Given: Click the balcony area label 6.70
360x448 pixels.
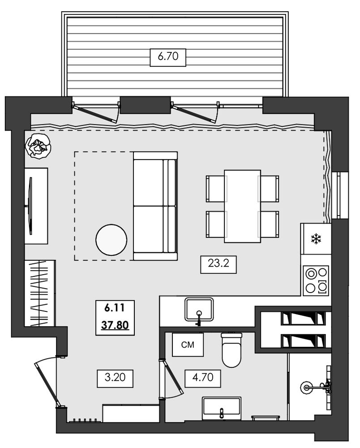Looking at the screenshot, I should pyautogui.click(x=168, y=56).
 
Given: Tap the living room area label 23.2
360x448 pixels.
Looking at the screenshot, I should pyautogui.click(x=218, y=264).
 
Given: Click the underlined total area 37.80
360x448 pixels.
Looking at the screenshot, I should pyautogui.click(x=115, y=324).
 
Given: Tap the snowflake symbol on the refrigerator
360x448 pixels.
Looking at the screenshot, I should pyautogui.click(x=317, y=239).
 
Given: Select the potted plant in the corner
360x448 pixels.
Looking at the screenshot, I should pyautogui.click(x=38, y=146).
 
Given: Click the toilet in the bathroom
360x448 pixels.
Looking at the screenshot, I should pyautogui.click(x=231, y=349).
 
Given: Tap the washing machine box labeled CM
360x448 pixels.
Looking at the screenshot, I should pyautogui.click(x=188, y=345).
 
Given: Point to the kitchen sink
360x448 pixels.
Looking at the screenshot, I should pyautogui.click(x=199, y=310).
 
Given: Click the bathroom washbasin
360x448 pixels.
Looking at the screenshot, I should pyautogui.click(x=222, y=407).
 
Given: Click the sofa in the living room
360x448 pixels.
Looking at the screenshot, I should pyautogui.click(x=155, y=206).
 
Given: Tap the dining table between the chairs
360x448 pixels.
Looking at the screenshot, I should pyautogui.click(x=242, y=206).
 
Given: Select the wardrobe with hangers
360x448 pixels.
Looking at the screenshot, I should pyautogui.click(x=40, y=293).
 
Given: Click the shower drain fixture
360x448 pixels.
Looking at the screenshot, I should pyautogui.click(x=307, y=386).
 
